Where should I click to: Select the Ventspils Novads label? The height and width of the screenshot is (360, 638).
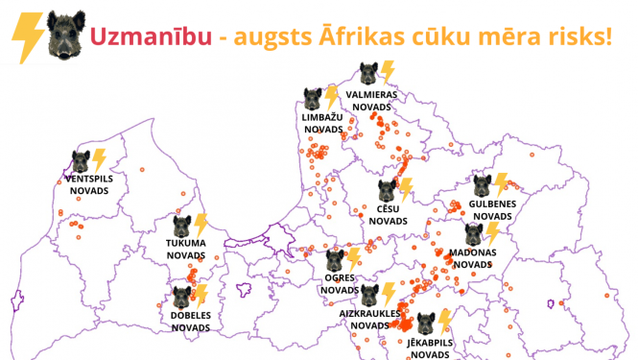click(x=84, y=184)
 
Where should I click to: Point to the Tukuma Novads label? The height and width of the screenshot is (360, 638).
click(x=186, y=250)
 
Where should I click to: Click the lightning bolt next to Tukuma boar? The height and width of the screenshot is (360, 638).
click(x=201, y=226)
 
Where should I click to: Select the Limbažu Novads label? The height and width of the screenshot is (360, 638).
click(x=321, y=123)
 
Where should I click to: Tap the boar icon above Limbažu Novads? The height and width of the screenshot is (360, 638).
click(x=312, y=98)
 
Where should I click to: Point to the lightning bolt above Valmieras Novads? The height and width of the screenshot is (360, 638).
click(x=388, y=72)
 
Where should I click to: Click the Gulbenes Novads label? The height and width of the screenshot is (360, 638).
click(x=492, y=210)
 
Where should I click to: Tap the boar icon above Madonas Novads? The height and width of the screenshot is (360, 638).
click(x=474, y=234)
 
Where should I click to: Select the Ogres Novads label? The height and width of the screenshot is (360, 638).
click(x=340, y=283)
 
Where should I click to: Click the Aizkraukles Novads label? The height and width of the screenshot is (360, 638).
click(x=370, y=319)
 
